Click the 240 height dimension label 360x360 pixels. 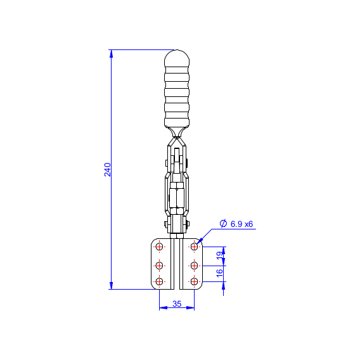108,169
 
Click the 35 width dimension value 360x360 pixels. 177,304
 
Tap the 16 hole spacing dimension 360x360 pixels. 220,273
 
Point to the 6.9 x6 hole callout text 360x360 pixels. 241,224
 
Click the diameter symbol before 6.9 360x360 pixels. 223,223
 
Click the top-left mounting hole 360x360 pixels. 159,247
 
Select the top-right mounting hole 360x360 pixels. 194,247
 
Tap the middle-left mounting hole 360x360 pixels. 159,266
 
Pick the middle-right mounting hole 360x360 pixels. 194,266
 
